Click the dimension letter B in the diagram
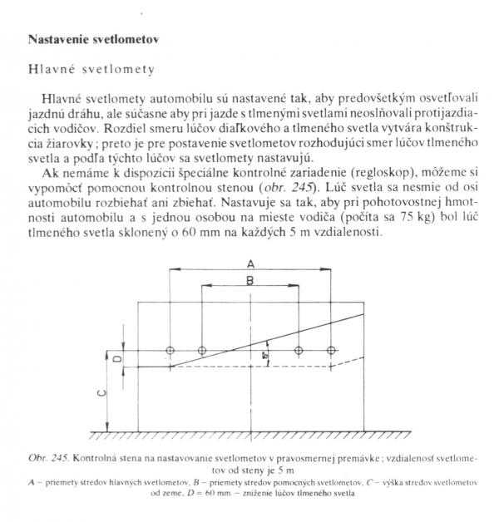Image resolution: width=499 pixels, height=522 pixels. [250, 281]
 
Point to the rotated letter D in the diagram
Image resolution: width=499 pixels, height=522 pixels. [116, 358]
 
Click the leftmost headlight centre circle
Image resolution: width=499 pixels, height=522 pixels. [170, 351]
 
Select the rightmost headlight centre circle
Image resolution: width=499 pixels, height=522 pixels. [331, 351]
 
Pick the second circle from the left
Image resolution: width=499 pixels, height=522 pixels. [202, 351]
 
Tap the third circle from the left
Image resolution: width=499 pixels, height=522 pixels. [298, 351]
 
